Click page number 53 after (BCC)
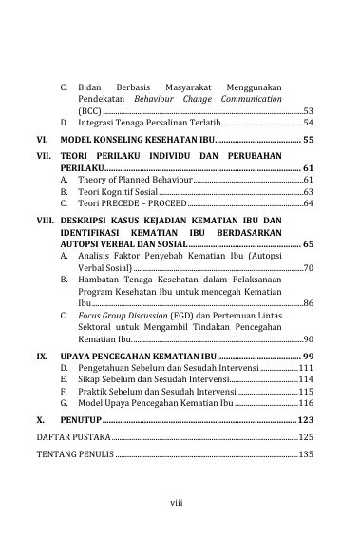tap(309, 111)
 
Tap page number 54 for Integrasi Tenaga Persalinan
tap(309, 124)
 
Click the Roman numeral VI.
tap(43, 140)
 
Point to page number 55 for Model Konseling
tap(308, 140)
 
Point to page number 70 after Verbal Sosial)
tap(309, 269)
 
